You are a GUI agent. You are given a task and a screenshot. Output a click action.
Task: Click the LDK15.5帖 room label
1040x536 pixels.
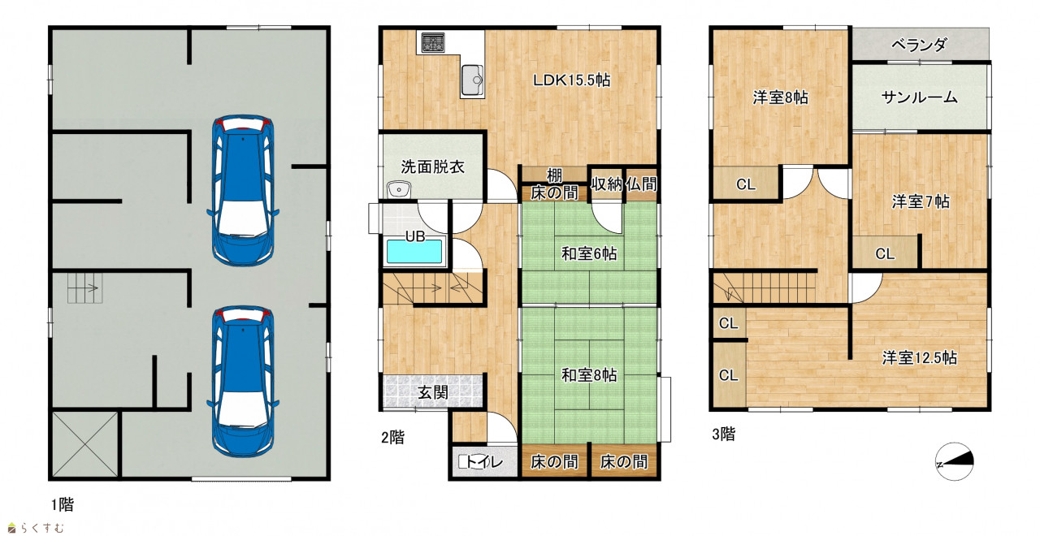coord(571,80)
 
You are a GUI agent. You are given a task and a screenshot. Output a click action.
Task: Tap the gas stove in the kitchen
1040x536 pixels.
coord(433,43)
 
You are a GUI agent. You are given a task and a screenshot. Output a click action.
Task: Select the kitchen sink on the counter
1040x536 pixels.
coord(472,80)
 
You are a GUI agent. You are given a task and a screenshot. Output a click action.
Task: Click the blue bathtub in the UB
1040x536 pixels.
coord(414,252)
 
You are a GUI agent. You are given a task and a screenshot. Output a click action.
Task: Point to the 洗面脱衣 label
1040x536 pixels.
coord(433,166)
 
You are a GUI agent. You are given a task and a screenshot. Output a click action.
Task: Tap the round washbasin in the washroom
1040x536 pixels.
coord(398,189)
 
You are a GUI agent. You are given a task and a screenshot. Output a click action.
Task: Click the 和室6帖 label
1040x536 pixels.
coord(589,254)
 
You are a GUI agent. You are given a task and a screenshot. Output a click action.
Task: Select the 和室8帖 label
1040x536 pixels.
coord(589,375)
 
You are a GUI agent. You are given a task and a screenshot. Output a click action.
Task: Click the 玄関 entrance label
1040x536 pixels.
coord(433,392)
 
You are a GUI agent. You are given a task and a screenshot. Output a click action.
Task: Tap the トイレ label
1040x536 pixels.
coord(483,462)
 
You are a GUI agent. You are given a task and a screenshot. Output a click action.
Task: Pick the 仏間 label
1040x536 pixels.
coord(642,184)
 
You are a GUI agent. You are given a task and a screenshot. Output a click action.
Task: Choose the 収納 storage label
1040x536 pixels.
coord(606,184)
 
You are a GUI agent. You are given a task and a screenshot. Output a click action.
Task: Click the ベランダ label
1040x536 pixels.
coord(919,45)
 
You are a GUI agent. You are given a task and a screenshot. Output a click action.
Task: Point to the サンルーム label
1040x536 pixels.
coord(919,97)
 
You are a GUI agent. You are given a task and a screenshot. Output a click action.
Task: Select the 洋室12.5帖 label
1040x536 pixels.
coord(919,358)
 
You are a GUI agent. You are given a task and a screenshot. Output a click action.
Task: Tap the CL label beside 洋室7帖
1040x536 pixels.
coord(885,254)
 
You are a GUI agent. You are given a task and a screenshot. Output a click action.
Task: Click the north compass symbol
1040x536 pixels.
coord(955,462)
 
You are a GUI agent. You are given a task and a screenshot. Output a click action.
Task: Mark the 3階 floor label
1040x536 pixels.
coord(724,434)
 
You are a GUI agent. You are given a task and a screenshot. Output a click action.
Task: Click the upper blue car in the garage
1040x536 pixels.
coord(243,190)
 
